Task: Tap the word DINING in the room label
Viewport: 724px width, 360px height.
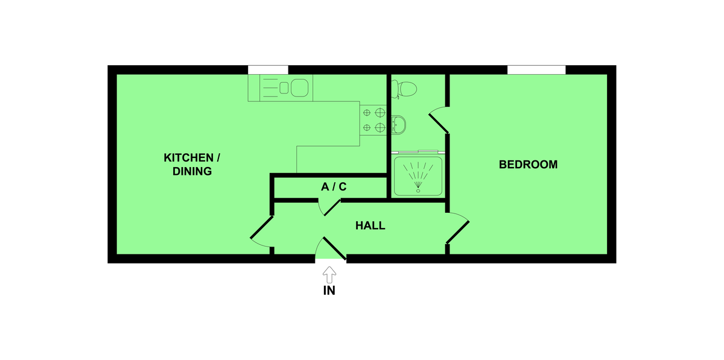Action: tap(192, 171)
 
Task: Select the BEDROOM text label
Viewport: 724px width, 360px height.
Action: tap(528, 165)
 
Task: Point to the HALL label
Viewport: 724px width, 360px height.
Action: tap(370, 226)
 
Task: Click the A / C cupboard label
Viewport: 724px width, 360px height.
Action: tap(333, 187)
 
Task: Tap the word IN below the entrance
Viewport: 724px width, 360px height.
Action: tap(329, 291)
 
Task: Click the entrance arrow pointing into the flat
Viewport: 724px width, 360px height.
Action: tap(329, 275)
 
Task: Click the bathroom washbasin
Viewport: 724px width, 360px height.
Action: tap(399, 125)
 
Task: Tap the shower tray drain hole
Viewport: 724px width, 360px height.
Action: tap(418, 191)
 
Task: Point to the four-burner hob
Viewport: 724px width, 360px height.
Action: tap(373, 119)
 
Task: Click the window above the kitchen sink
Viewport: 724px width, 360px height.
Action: tap(268, 69)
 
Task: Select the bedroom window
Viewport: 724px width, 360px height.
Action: tap(536, 69)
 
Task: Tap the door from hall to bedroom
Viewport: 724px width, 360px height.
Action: tap(459, 229)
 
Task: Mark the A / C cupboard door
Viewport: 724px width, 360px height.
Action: tap(329, 206)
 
